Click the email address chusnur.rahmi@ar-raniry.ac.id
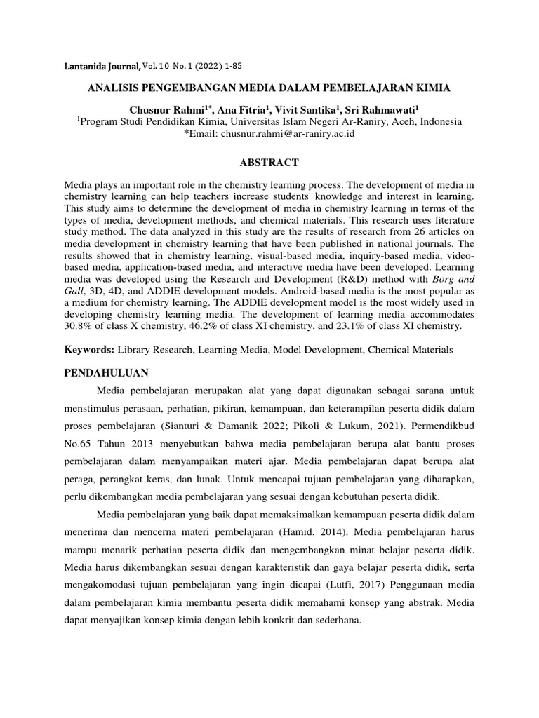point(288,133)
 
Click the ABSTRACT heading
point(269,163)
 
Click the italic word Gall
point(74,290)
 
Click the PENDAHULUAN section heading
point(108,372)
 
